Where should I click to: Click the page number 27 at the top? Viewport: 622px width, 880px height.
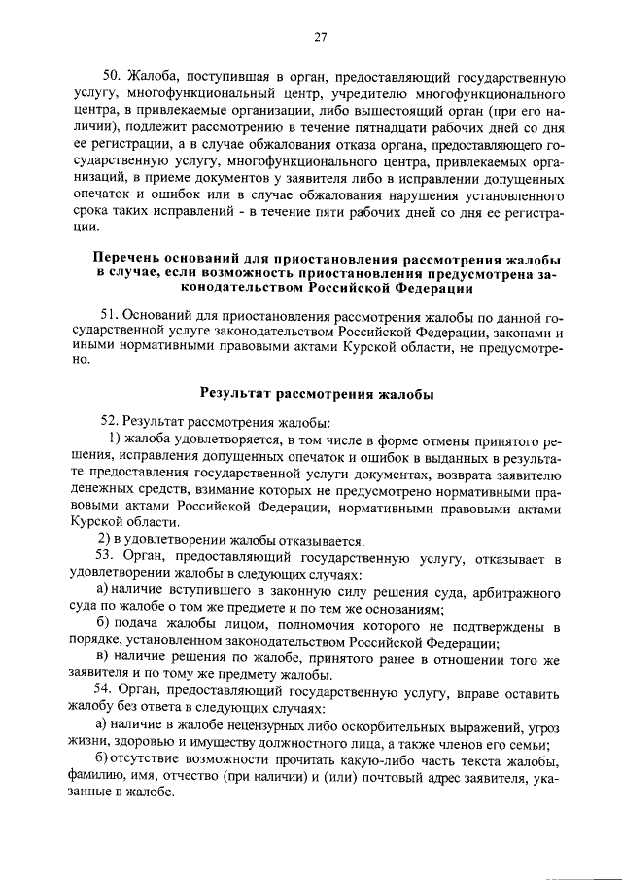(x=320, y=38)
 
